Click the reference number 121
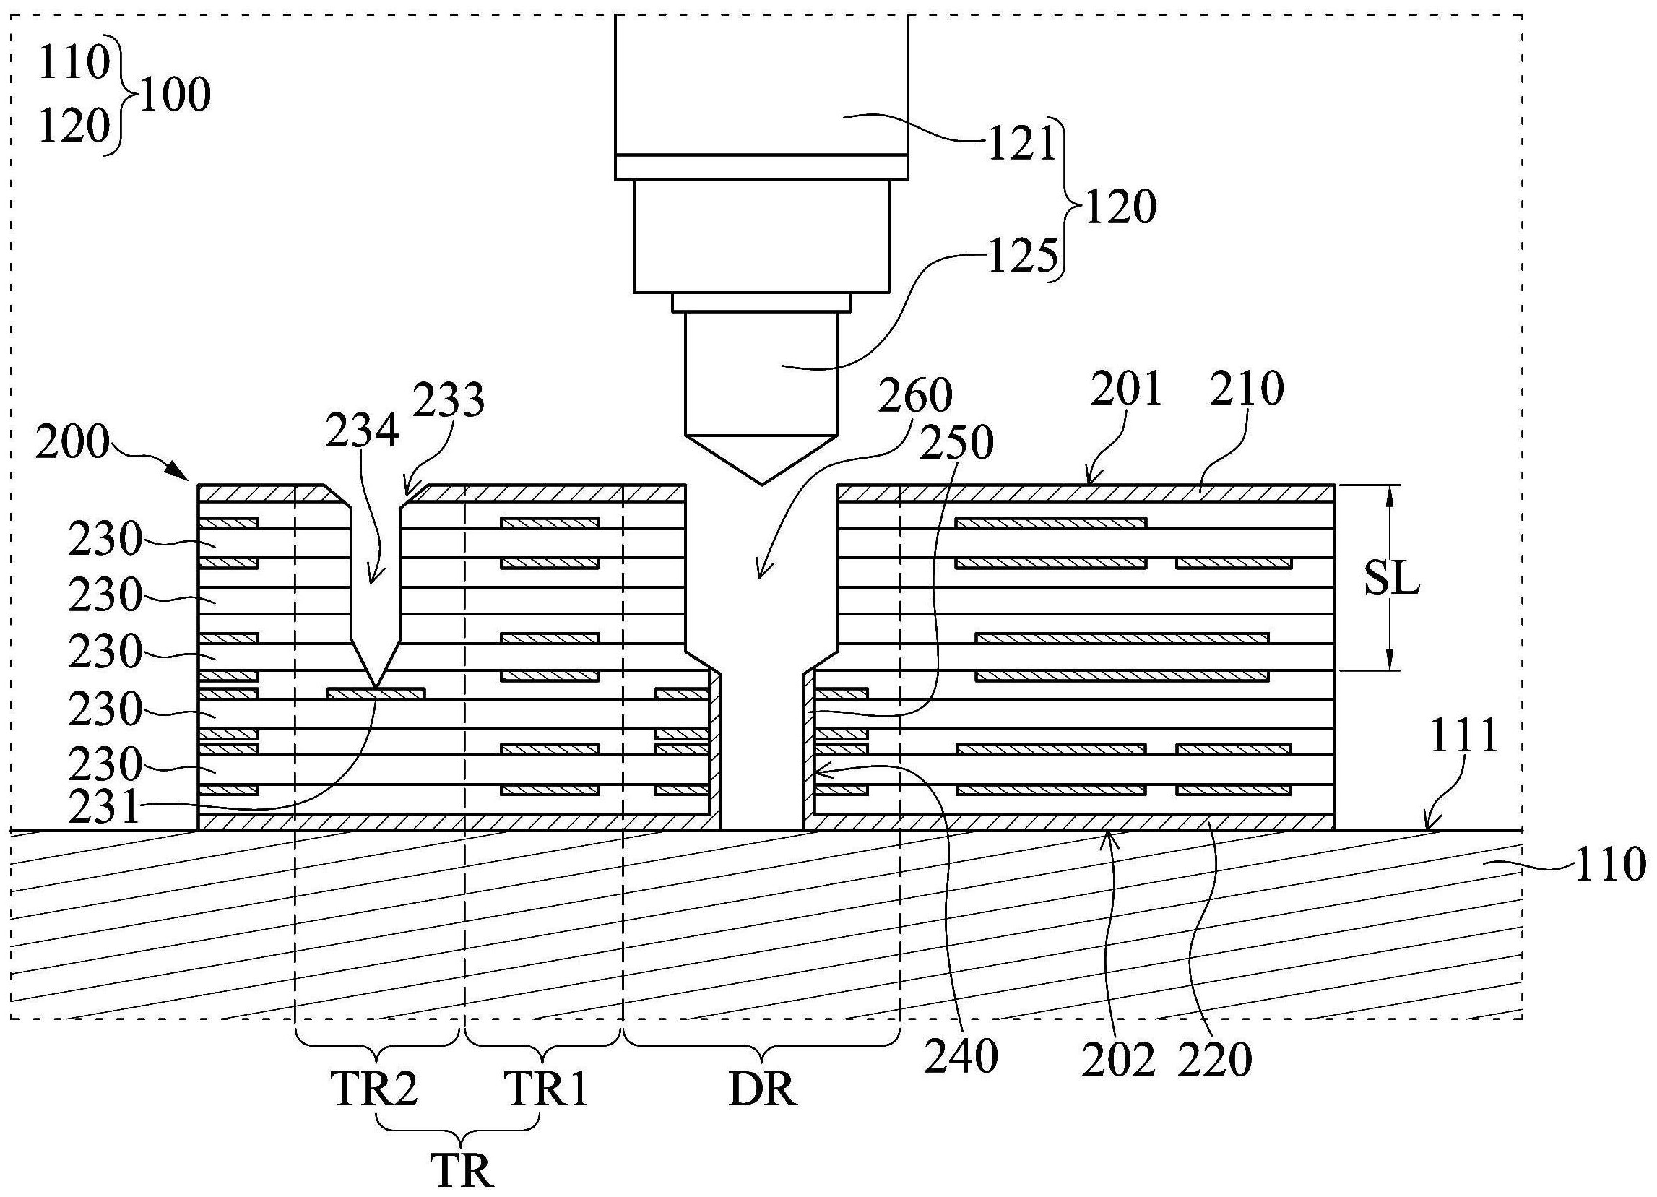tap(1022, 144)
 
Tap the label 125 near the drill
tap(1022, 257)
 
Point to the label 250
tap(956, 443)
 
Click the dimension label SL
tap(1392, 582)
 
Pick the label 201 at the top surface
tap(1126, 389)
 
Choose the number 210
tap(1247, 389)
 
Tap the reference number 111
tap(1463, 738)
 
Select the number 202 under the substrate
tap(1119, 1060)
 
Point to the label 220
tap(1215, 1060)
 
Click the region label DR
tap(763, 1090)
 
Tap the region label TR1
tap(548, 1089)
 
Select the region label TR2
tap(375, 1089)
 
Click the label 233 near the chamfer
tap(449, 400)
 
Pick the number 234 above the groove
tap(363, 431)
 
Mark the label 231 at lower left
tap(104, 809)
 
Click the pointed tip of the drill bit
tap(761, 483)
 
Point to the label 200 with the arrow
tap(72, 444)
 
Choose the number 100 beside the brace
tap(176, 96)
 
